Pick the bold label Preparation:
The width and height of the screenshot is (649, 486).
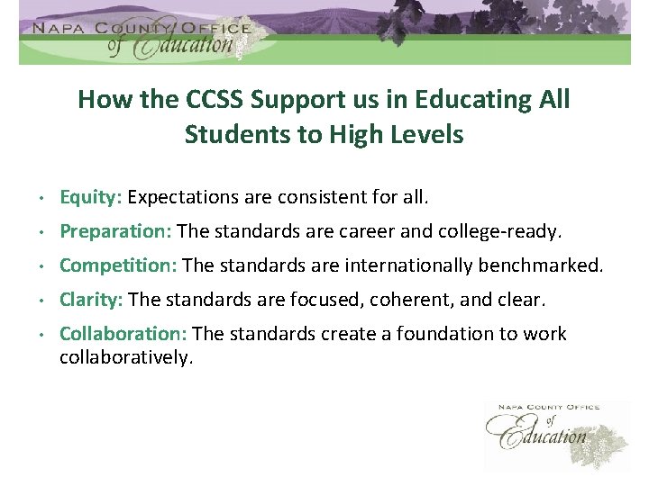(x=115, y=231)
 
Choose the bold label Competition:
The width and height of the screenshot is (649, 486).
(x=118, y=265)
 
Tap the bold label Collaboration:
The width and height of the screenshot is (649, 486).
(x=123, y=334)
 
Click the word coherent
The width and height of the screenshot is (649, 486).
(x=399, y=299)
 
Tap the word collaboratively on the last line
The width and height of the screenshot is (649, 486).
(x=126, y=357)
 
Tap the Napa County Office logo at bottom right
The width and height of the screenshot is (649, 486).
(x=556, y=435)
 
